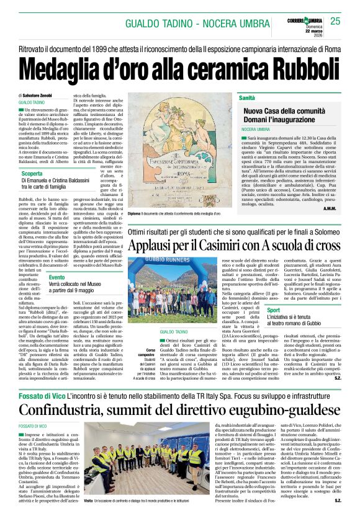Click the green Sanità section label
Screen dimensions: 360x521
pos(248,98)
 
